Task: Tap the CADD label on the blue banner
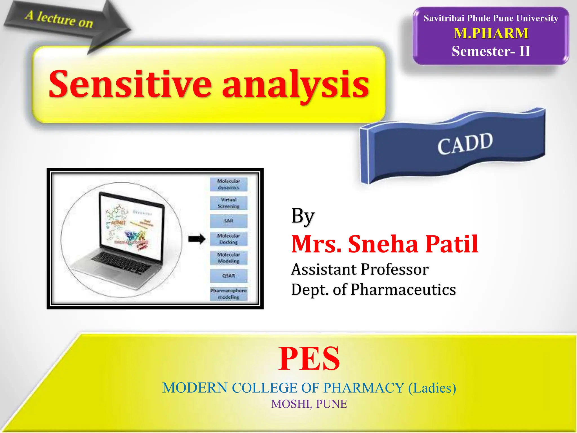tap(465, 144)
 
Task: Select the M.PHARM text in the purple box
tap(491, 33)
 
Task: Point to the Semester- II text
tap(491, 51)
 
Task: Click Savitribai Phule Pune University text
tap(491, 18)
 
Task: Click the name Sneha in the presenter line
tap(383, 244)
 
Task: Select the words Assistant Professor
tap(360, 269)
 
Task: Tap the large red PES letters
tap(309, 359)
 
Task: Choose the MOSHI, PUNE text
tap(309, 404)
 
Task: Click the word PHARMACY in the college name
tap(363, 388)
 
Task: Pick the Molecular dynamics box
tap(228, 184)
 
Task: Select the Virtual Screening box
tap(228, 203)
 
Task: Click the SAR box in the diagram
tap(228, 221)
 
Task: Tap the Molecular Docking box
tap(228, 239)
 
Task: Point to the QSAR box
tap(228, 276)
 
